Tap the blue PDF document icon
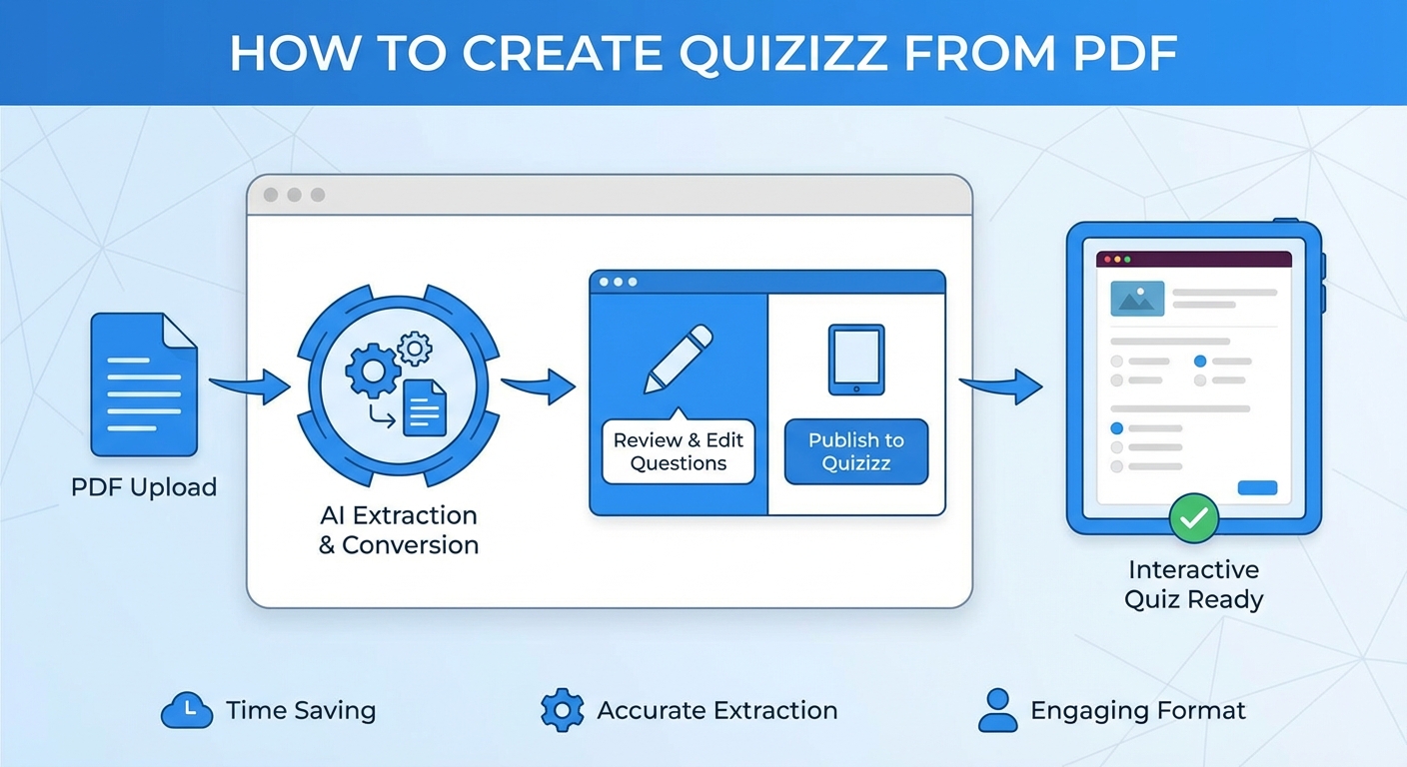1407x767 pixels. pos(144,384)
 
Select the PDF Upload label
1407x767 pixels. pos(144,487)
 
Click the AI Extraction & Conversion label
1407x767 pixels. pos(399,530)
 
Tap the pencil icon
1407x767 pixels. pos(679,359)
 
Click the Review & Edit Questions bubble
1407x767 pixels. pos(679,451)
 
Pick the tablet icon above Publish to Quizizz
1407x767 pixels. pos(855,360)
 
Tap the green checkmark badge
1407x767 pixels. pos(1194,518)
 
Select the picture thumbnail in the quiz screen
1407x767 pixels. pos(1137,298)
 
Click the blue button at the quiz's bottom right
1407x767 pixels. pos(1257,487)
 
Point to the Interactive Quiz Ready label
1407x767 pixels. pos(1193,584)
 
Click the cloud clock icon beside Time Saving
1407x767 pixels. pos(187,711)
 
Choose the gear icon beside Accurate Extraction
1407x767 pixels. pos(562,710)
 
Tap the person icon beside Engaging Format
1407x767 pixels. pos(997,710)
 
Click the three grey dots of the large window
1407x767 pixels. pos(294,195)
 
